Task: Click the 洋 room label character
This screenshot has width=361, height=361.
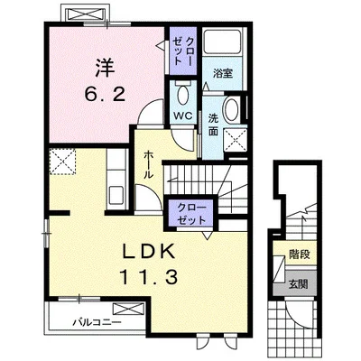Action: [106, 68]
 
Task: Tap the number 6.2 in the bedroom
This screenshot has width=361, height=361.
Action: [105, 96]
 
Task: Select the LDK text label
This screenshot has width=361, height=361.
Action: [148, 252]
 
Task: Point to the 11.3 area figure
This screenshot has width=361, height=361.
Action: [148, 277]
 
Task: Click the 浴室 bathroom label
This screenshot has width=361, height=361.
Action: [223, 73]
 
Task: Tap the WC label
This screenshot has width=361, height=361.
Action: [183, 116]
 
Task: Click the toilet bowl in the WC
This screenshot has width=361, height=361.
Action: [182, 95]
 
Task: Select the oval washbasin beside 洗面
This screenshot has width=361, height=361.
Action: [231, 109]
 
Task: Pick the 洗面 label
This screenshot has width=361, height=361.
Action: [213, 125]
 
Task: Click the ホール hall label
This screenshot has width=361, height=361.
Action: [149, 165]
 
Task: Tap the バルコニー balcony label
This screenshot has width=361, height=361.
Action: [97, 322]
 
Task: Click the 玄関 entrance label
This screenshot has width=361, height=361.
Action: [299, 283]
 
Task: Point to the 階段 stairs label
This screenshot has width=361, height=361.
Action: [300, 255]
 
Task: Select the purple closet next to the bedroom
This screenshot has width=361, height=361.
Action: [183, 51]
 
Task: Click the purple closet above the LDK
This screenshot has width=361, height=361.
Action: [190, 213]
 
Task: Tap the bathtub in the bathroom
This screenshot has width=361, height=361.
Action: [223, 42]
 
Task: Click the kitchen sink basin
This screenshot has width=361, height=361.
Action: [116, 195]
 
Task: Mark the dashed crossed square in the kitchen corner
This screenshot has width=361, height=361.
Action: [62, 162]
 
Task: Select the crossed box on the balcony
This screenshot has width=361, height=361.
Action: [128, 309]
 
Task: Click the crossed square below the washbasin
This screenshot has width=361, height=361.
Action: [236, 141]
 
